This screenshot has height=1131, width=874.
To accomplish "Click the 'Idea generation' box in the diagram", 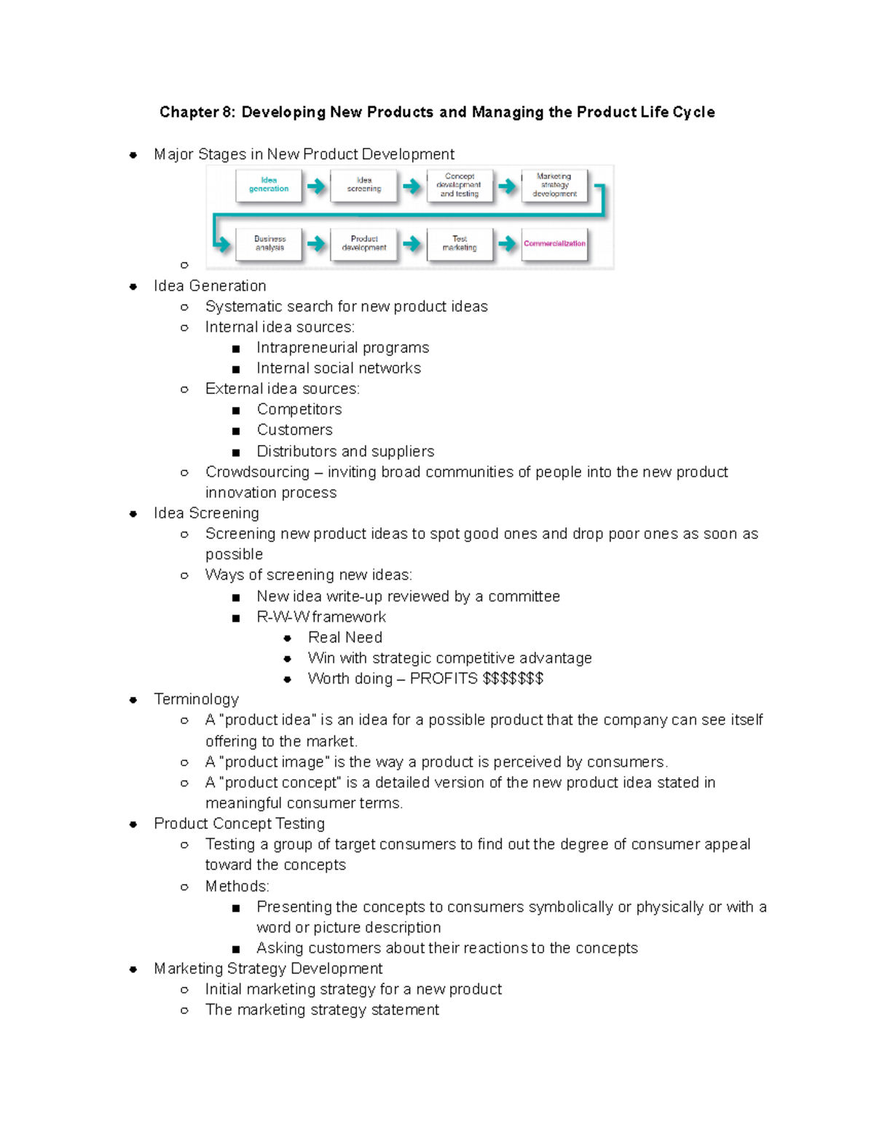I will click(x=269, y=185).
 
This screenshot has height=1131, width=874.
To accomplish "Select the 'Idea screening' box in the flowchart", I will click(x=364, y=185).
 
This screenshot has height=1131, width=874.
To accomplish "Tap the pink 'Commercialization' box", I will click(x=554, y=244).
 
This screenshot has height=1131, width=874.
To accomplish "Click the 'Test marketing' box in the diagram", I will click(x=460, y=244).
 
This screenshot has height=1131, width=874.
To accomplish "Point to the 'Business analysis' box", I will click(x=269, y=244).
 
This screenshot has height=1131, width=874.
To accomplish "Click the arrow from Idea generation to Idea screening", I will click(x=316, y=186).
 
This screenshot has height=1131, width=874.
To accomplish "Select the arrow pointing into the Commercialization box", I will click(x=507, y=244).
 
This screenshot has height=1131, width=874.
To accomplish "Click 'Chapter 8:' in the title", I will click(x=197, y=112).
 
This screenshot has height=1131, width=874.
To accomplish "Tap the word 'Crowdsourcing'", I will click(x=257, y=472).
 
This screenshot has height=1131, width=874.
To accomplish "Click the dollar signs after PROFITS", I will click(x=513, y=679).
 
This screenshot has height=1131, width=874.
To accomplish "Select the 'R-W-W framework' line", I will click(x=321, y=617).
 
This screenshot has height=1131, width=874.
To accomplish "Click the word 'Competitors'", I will click(x=299, y=409).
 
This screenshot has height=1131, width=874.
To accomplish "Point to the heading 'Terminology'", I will click(x=196, y=699).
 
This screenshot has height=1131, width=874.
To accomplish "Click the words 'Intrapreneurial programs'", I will click(x=342, y=347).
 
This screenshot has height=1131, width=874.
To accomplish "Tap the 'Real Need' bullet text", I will click(x=345, y=637).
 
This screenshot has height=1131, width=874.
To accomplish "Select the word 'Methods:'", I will click(x=237, y=886).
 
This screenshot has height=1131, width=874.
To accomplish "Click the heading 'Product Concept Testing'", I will click(x=239, y=824).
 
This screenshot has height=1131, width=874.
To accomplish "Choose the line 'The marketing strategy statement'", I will click(x=322, y=1010).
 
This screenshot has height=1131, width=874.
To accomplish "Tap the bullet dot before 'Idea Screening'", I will click(x=133, y=513).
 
